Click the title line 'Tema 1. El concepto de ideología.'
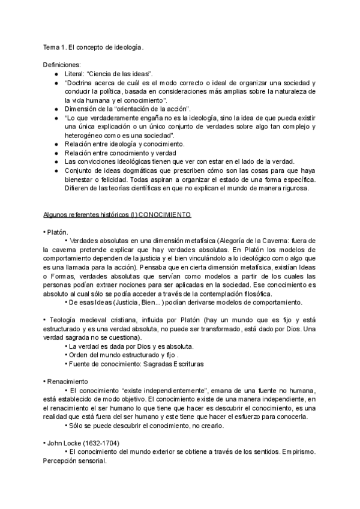coord(94,47)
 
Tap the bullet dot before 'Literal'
coord(56,72)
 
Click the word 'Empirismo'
coord(292,452)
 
